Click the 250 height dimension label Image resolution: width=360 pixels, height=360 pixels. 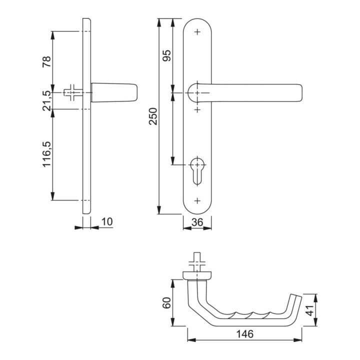(x=153, y=116)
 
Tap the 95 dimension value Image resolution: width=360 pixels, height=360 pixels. (x=167, y=55)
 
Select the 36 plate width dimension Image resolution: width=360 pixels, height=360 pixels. (x=197, y=222)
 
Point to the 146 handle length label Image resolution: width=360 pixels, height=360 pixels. (x=244, y=334)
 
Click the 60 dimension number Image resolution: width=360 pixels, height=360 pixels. (x=167, y=303)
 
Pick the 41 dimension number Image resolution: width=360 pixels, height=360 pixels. (x=310, y=310)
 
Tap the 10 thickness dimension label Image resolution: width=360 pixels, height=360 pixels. (x=107, y=222)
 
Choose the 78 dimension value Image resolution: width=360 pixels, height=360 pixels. (x=46, y=61)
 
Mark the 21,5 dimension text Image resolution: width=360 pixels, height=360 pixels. (x=46, y=100)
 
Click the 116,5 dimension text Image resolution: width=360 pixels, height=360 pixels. (x=46, y=154)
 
